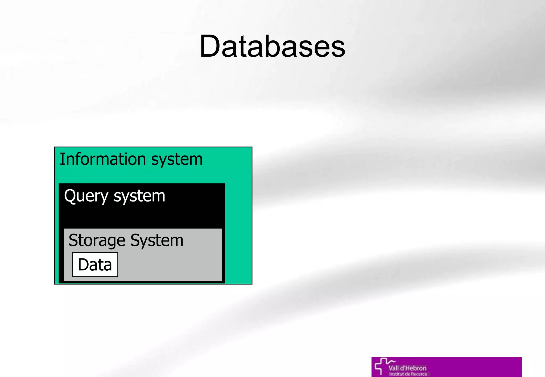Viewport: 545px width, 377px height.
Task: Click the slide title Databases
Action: pyautogui.click(x=272, y=47)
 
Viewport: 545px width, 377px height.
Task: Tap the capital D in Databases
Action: pyautogui.click(x=209, y=47)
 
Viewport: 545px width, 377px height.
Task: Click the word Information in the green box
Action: pyautogui.click(x=102, y=159)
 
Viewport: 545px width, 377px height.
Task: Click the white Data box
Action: pyautogui.click(x=95, y=265)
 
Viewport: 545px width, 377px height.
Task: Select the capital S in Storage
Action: pyautogui.click(x=73, y=240)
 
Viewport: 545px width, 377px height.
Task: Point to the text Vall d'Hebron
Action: pyautogui.click(x=407, y=368)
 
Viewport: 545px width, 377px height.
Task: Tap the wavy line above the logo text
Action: pyautogui.click(x=392, y=361)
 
